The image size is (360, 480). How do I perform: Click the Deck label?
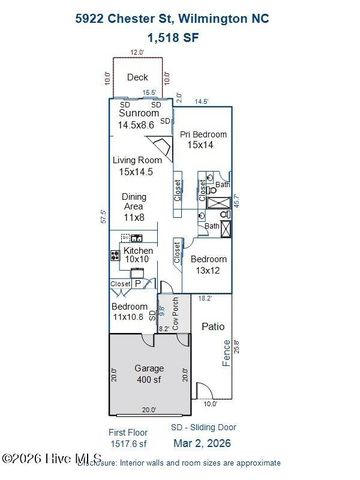coord(138,76)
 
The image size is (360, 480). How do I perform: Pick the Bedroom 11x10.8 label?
coord(130,311)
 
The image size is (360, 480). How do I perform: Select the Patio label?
coord(213,327)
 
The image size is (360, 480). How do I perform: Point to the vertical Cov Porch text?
coord(176,314)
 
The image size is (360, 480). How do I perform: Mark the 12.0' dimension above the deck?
coord(136,52)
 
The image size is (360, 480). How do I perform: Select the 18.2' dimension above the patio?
coord(205,297)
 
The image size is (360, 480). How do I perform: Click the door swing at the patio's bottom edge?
coord(201,391)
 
